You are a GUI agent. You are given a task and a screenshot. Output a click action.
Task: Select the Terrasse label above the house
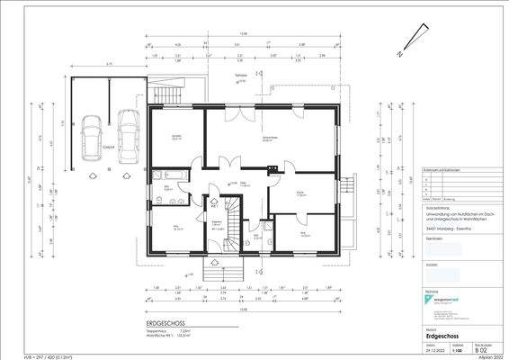coord(241,76)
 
